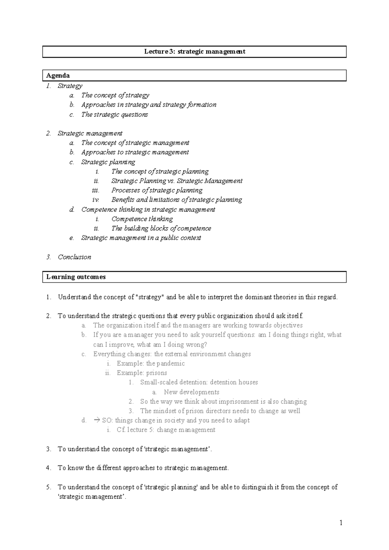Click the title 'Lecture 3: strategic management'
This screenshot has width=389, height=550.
coord(194,52)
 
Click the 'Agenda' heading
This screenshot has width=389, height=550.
coord(58,75)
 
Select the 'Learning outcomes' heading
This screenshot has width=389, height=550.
coord(76,277)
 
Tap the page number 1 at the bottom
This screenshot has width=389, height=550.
coord(341,522)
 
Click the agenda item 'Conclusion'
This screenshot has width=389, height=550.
coord(74,257)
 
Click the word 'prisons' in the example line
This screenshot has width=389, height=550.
coord(157,373)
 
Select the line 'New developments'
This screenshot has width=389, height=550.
coord(191,392)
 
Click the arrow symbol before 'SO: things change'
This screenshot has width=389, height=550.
coord(96,420)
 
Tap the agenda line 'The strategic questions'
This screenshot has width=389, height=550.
coord(114,114)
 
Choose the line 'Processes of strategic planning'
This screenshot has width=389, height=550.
coord(157,190)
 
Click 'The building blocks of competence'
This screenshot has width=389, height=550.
coord(161,228)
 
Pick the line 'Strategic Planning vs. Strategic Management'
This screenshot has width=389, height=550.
coord(177,181)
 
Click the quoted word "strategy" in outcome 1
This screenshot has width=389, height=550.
coord(150,297)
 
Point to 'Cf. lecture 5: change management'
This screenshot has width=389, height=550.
coord(166,430)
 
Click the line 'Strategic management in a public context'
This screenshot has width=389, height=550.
coord(141,238)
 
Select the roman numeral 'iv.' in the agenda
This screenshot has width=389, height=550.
coord(96,200)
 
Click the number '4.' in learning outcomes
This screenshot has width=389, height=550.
coord(49,468)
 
